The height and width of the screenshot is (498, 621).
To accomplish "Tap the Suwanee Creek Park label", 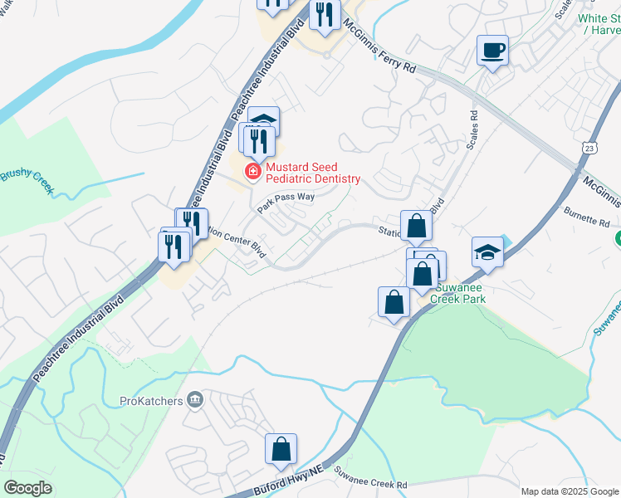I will (457, 295).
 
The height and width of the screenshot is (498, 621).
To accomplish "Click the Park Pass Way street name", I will (286, 203).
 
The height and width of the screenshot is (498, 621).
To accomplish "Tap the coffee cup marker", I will (493, 51).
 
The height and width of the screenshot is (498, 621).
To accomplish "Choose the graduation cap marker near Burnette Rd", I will (487, 252).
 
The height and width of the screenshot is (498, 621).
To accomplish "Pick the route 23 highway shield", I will (589, 146).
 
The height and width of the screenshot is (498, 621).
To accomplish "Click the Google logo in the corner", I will (27, 488).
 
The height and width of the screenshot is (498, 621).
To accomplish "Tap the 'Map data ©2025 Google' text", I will (569, 491).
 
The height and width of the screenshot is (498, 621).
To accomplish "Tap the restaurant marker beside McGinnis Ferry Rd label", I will (325, 14).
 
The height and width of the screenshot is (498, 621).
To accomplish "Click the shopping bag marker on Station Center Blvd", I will (416, 226).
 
